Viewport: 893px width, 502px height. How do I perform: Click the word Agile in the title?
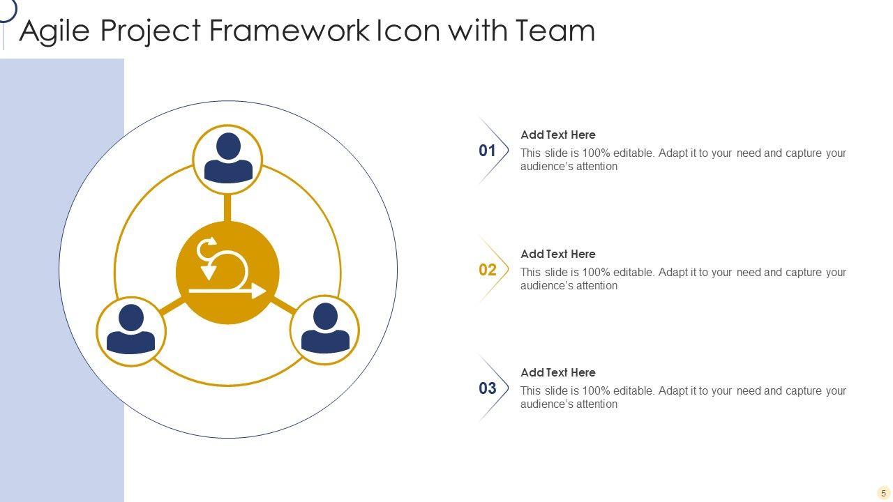pyautogui.click(x=54, y=31)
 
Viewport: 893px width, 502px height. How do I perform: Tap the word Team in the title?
pyautogui.click(x=555, y=31)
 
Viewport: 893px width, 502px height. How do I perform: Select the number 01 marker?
pyautogui.click(x=487, y=151)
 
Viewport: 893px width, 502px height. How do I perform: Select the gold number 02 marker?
pyautogui.click(x=488, y=270)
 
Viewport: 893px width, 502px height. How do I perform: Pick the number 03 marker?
pyautogui.click(x=488, y=388)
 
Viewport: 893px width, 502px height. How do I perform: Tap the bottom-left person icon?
pyautogui.click(x=130, y=330)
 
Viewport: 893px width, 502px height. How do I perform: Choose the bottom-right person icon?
pyautogui.click(x=324, y=329)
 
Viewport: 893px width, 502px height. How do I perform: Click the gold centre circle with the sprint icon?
pyautogui.click(x=227, y=273)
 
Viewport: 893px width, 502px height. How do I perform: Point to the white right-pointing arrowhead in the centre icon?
pyautogui.click(x=259, y=291)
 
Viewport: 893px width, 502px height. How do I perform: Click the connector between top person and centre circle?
pyautogui.click(x=227, y=208)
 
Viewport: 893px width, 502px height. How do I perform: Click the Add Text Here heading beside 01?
pyautogui.click(x=558, y=135)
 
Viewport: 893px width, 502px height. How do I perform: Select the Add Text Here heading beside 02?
pyautogui.click(x=558, y=254)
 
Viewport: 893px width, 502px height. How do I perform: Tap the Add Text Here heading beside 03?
pyautogui.click(x=558, y=373)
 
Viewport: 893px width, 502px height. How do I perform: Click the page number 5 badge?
pyautogui.click(x=883, y=493)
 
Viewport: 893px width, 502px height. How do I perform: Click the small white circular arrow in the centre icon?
pyautogui.click(x=207, y=248)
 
